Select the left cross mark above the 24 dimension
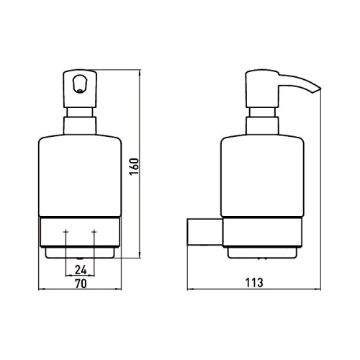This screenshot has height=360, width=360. click(66, 233)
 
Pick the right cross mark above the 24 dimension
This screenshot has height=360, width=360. click(94, 233)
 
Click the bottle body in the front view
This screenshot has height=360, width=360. click(79, 173)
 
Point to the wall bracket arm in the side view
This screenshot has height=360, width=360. click(203, 233)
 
